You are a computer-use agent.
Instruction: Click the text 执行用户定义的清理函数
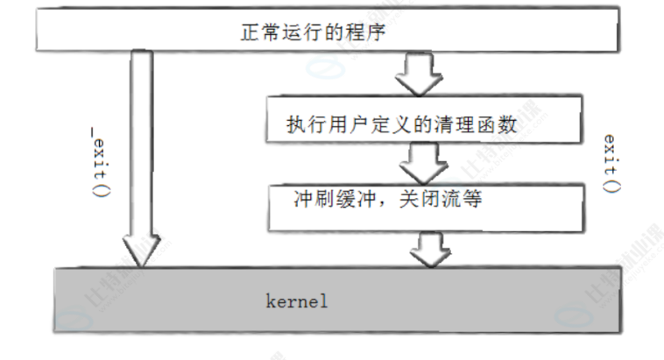tap(401, 124)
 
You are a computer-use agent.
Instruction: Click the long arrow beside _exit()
tap(141, 149)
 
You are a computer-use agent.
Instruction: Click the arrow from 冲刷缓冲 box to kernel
tap(429, 248)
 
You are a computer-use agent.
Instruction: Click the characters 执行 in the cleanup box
tap(302, 124)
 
